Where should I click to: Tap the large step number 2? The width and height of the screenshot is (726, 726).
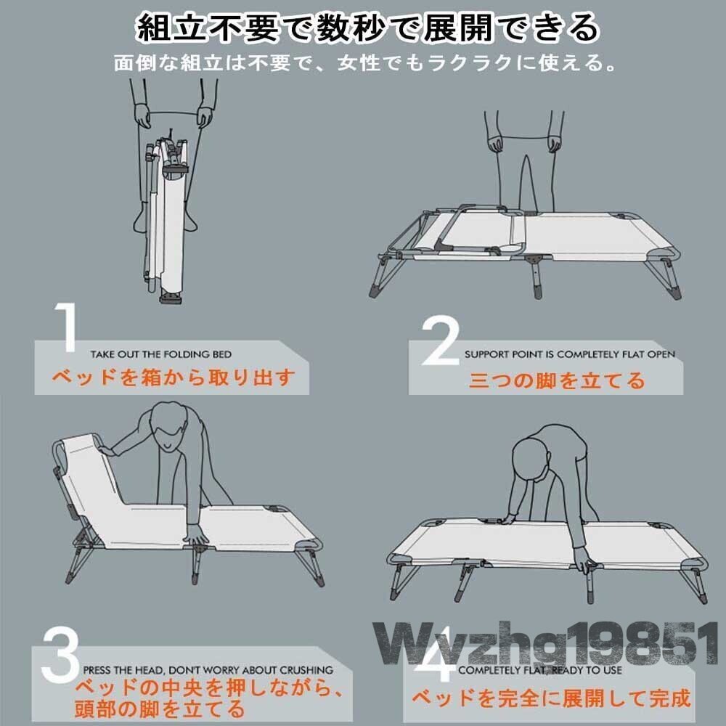(x=441, y=340)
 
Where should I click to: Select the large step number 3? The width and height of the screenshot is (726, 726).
(x=60, y=653)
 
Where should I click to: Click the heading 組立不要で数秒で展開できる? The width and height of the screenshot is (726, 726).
(x=367, y=28)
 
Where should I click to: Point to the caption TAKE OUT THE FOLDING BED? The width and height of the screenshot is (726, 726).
(x=161, y=355)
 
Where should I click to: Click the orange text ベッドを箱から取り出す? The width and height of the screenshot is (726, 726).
(x=174, y=378)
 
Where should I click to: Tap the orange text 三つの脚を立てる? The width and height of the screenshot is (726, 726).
(x=557, y=380)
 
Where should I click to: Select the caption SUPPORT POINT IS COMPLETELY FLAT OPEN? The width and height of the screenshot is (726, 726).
(x=570, y=355)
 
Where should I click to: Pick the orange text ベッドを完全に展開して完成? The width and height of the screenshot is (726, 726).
(x=552, y=698)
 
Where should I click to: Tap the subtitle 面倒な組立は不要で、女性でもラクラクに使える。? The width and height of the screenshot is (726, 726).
(x=365, y=63)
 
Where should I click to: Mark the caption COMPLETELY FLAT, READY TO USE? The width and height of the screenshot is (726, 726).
(x=540, y=670)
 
